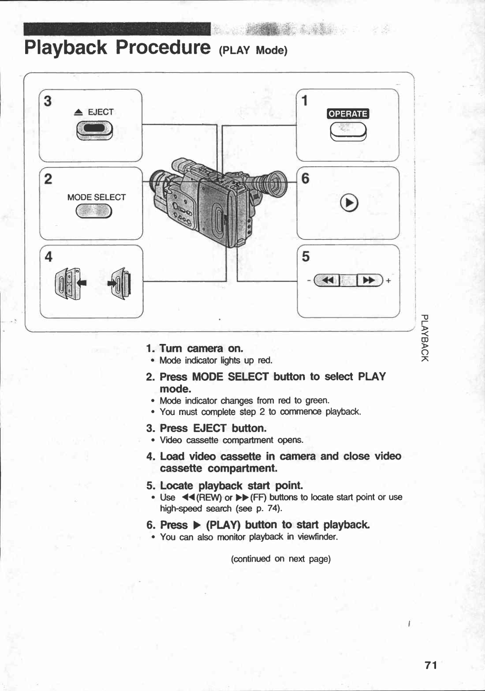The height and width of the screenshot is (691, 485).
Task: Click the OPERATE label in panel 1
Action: pos(348,114)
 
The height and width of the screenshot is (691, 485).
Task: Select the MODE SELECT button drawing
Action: pos(94,210)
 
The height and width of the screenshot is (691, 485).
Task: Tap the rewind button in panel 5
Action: pos(327,281)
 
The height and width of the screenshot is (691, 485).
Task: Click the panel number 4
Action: pos(48,257)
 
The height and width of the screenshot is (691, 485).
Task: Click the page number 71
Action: pos(431,665)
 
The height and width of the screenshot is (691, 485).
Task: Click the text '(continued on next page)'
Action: pos(281,559)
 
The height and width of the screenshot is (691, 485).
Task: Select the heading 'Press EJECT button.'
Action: pos(213,428)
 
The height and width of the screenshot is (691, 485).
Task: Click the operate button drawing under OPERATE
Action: pos(348,132)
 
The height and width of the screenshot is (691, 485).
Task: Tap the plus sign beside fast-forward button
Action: pos(388,281)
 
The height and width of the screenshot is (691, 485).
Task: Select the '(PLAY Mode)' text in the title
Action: pos(253,50)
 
